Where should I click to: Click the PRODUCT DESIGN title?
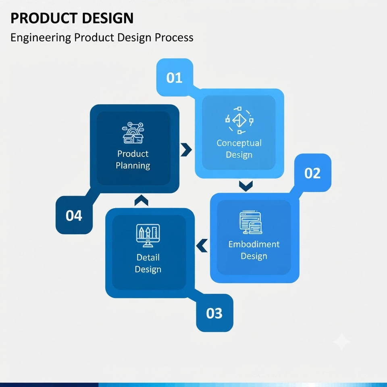72,18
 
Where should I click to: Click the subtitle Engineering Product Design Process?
102,38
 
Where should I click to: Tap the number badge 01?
175,77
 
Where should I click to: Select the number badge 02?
312,173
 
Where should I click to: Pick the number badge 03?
214,313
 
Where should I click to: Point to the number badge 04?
74,215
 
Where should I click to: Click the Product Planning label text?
133,160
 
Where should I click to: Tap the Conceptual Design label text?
239,149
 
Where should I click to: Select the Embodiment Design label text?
254,250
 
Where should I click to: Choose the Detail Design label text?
148,263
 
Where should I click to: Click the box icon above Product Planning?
133,133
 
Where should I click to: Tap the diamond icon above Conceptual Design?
239,121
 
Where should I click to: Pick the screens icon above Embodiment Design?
251,223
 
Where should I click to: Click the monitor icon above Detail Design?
148,235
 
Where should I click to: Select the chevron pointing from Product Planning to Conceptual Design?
186,150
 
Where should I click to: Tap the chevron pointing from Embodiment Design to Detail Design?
202,246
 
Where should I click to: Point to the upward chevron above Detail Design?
141,200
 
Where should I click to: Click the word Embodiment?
254,244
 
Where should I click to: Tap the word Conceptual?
239,143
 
